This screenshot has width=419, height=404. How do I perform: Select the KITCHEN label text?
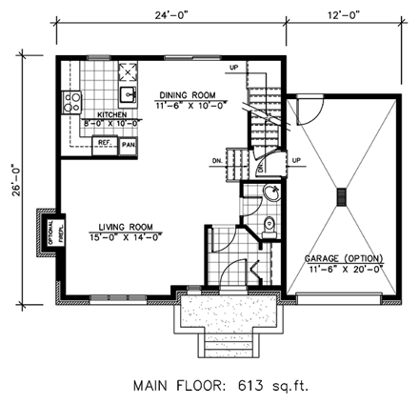pyautogui.click(x=101, y=113)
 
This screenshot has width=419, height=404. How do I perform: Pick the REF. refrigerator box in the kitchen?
pyautogui.click(x=106, y=142)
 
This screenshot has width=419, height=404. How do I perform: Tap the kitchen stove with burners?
pyautogui.click(x=70, y=99)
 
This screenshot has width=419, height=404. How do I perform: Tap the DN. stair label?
pyautogui.click(x=217, y=161)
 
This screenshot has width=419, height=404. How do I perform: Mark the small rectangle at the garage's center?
pyautogui.click(x=340, y=197)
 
